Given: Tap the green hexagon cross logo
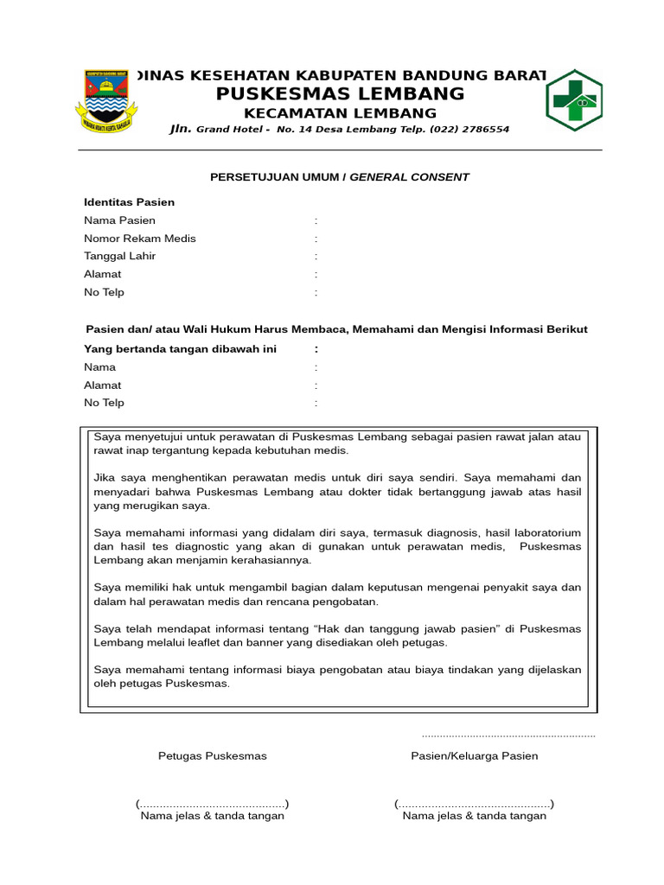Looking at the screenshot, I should [x=573, y=101].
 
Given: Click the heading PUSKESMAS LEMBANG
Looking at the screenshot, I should [x=340, y=94].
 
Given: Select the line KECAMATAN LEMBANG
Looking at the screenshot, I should [x=340, y=113].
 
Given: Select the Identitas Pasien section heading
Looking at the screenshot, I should [x=129, y=202].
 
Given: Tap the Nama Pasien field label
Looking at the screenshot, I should [x=119, y=220].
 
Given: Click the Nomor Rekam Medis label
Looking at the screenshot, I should [x=139, y=239].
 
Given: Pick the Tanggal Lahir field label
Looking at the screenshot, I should [x=119, y=257].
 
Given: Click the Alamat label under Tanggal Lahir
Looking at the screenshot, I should [x=102, y=274].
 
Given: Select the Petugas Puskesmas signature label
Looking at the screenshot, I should [x=212, y=756].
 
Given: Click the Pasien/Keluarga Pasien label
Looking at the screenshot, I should [x=474, y=756].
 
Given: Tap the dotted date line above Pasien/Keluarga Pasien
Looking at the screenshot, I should [x=508, y=735].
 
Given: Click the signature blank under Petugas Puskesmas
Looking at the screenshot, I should [x=212, y=804].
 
